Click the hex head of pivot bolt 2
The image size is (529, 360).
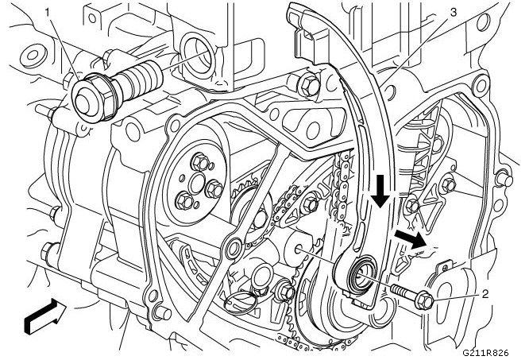pos(423,301)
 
